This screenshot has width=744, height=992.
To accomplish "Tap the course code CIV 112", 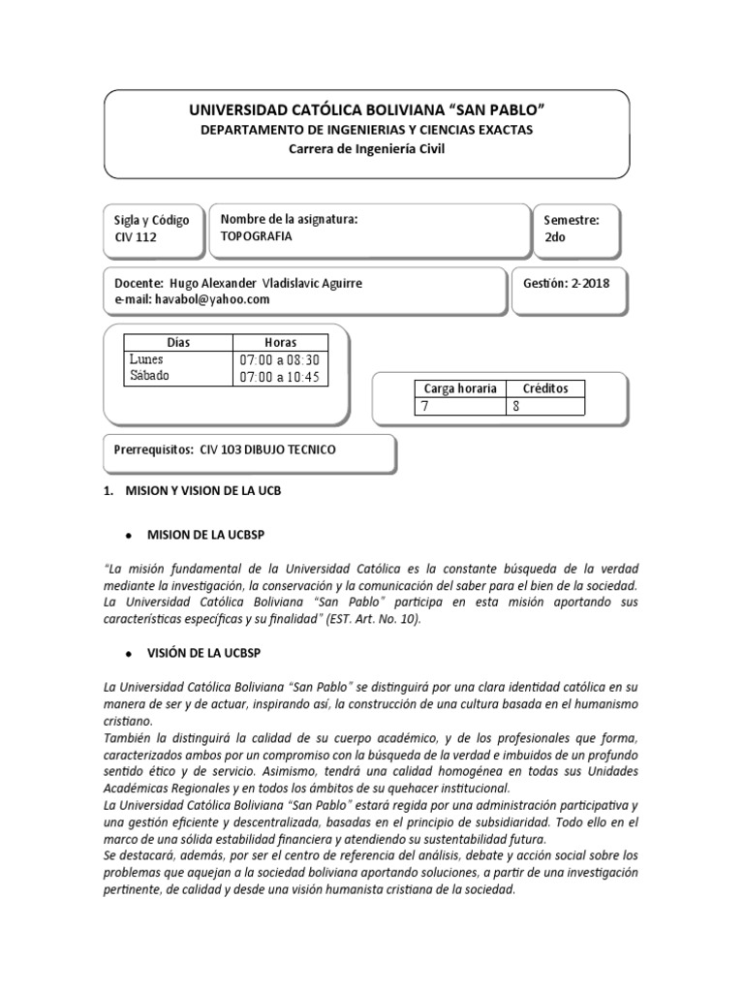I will (x=137, y=236).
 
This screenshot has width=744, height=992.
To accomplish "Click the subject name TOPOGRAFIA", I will (x=257, y=236).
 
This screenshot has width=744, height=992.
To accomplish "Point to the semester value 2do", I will (x=556, y=236).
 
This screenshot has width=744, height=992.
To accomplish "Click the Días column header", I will (x=177, y=343).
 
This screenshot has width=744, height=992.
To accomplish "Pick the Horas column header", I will (x=280, y=343).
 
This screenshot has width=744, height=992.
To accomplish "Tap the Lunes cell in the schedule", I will (x=147, y=359).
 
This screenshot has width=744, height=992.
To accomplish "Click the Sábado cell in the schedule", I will (x=149, y=376).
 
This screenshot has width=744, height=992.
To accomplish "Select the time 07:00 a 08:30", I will (x=280, y=359).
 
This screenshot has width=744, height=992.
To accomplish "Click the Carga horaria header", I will (x=459, y=388).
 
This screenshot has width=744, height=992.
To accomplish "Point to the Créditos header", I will (x=545, y=388).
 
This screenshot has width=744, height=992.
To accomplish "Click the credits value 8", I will (x=515, y=407).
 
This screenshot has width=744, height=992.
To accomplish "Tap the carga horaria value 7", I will (x=423, y=407).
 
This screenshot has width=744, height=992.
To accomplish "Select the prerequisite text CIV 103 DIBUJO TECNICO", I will (x=267, y=450).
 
